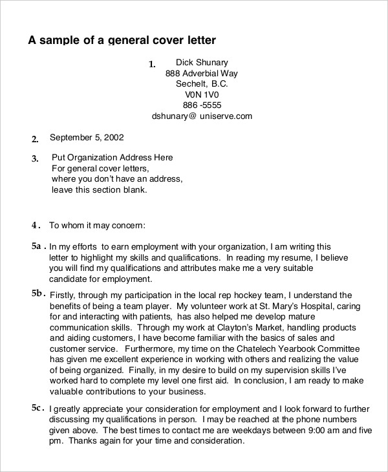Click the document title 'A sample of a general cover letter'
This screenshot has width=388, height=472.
pos(122,39)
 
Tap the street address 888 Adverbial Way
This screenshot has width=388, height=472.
pos(202,74)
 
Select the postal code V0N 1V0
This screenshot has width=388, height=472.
pos(202,95)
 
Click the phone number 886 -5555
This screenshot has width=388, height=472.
pos(202,106)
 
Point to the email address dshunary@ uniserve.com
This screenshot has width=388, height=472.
pos(202,117)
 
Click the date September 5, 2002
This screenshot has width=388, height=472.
pos(87,137)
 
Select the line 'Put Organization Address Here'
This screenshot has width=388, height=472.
pos(112,158)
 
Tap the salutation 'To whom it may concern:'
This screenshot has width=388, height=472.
pos(98,226)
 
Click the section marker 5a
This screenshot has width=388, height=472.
pos(37,246)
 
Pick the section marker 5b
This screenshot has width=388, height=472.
pos(38,293)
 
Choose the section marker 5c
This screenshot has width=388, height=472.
pos(37,408)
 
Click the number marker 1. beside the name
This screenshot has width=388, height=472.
pos(153,64)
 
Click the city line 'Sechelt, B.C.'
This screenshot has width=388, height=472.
pos(202,84)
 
